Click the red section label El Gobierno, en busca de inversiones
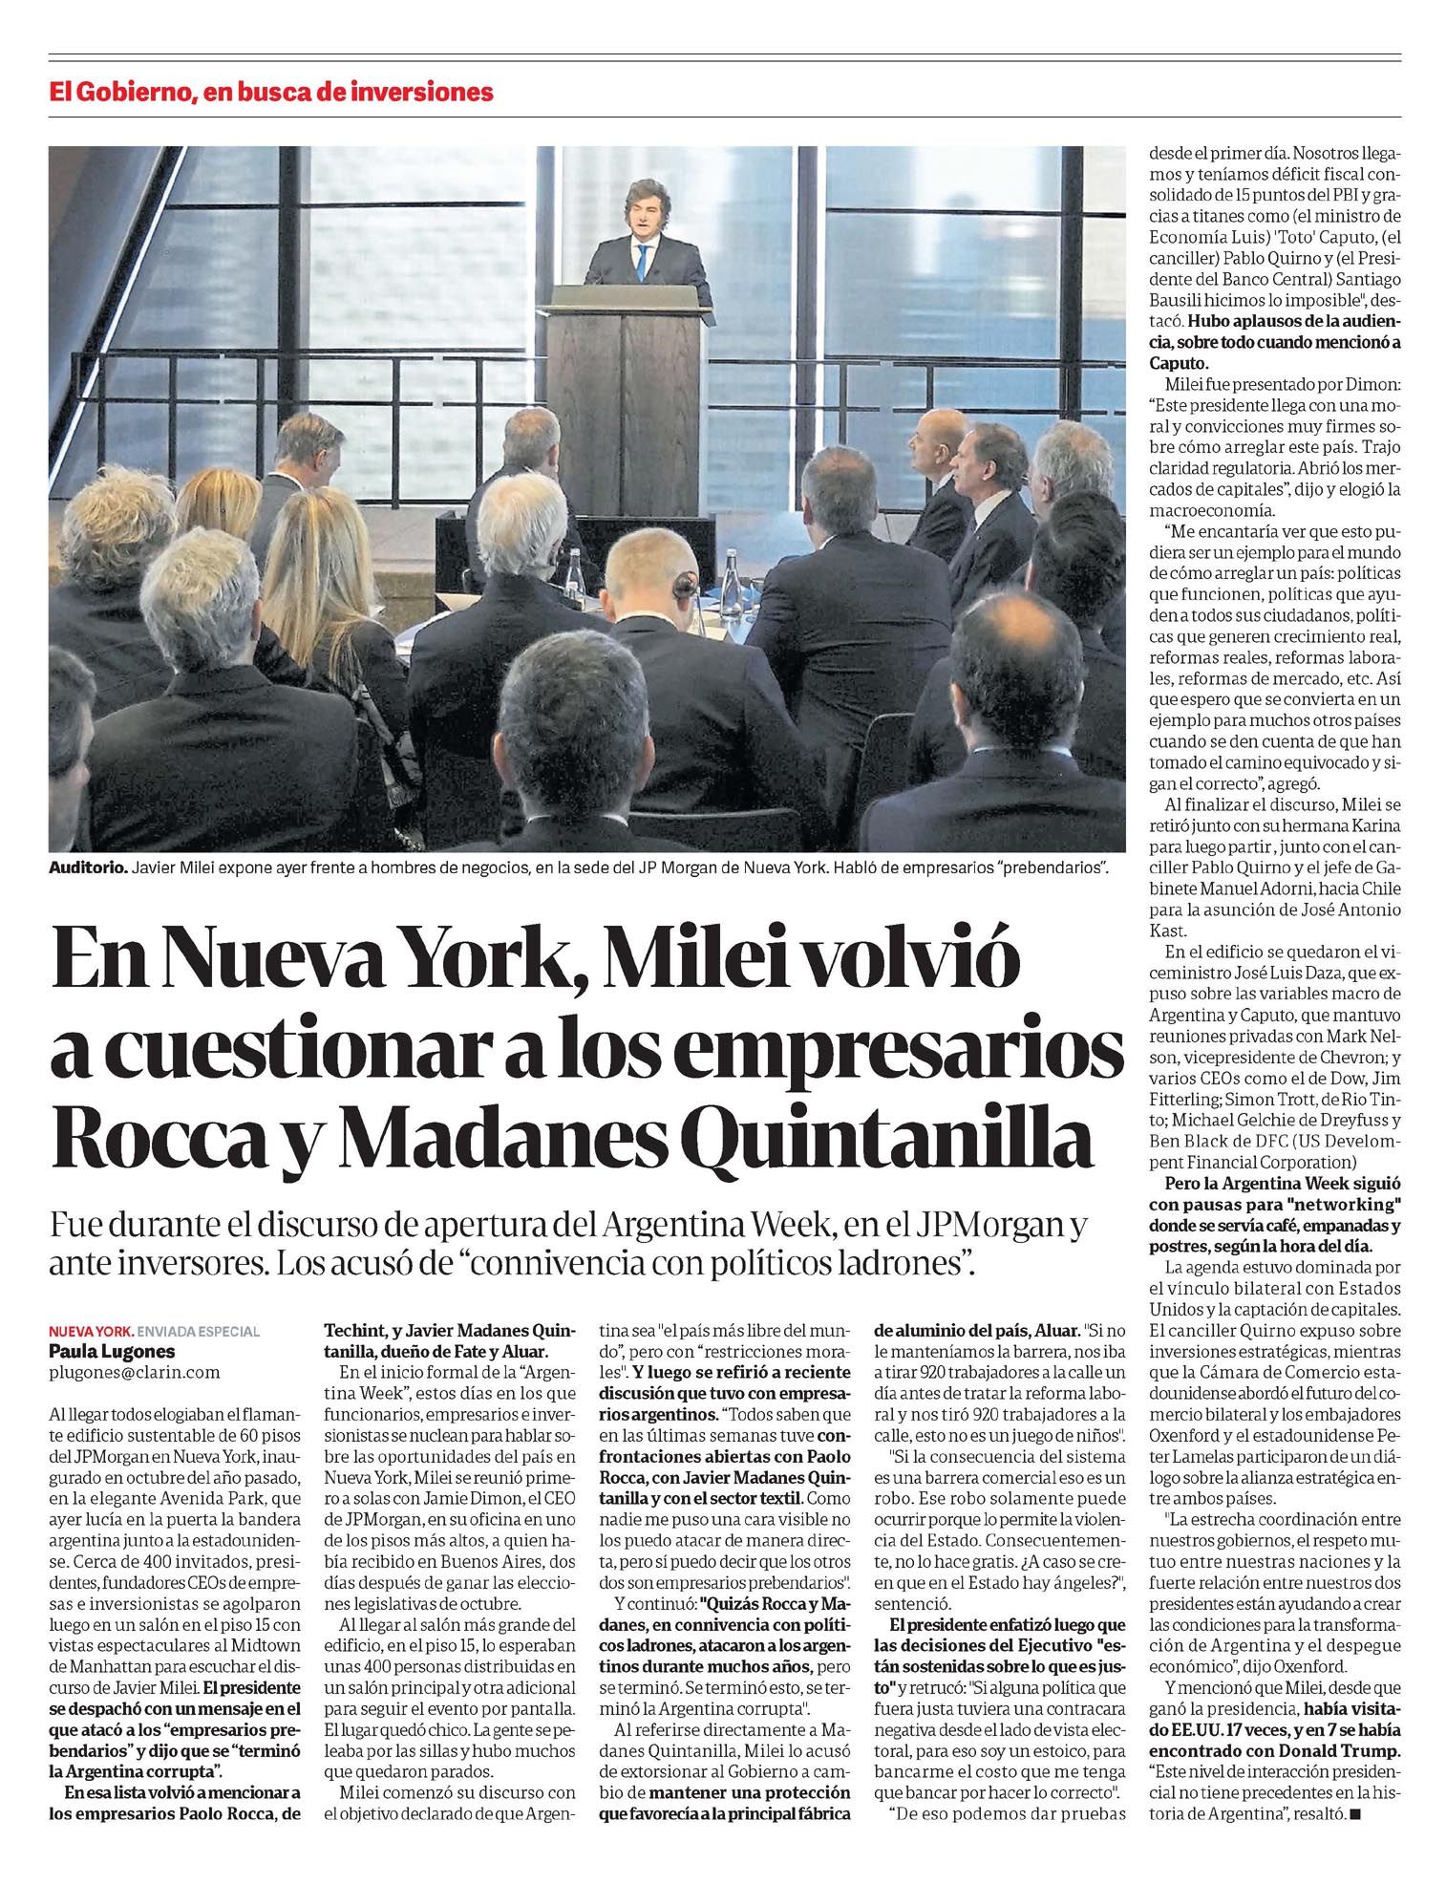pos(271,93)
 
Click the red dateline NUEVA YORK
pos(91,1332)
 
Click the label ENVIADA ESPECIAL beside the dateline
pos(199,1332)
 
